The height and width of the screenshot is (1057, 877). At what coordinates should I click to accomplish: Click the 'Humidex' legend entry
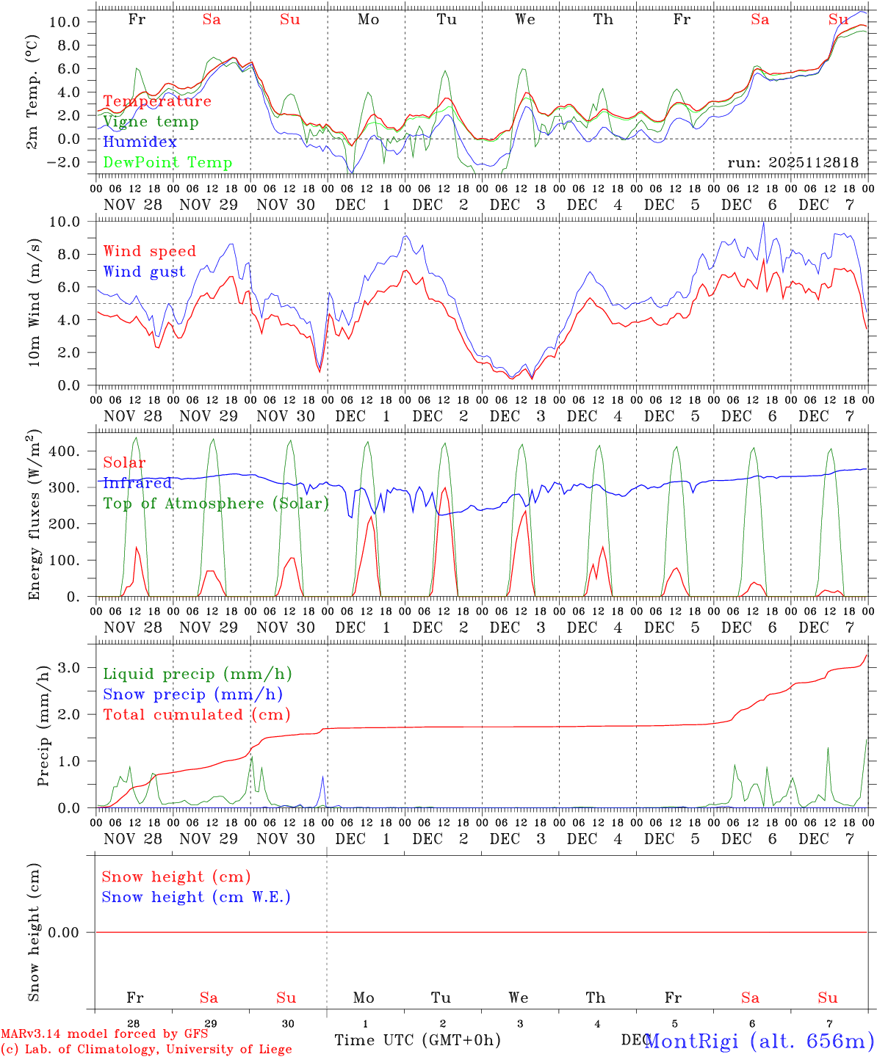(140, 142)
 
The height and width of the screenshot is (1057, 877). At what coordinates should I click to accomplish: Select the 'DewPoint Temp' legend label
(167, 162)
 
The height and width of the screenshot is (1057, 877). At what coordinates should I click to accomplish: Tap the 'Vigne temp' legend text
(151, 121)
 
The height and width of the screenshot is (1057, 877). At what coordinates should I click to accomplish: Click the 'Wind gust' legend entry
(144, 272)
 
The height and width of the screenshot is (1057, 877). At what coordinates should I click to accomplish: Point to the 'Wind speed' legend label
(150, 251)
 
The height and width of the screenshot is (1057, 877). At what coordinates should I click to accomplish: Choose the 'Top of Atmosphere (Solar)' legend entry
(216, 504)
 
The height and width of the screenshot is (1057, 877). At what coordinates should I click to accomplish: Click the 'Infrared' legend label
(137, 483)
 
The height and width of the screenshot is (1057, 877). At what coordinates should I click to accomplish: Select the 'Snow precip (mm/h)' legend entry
(193, 694)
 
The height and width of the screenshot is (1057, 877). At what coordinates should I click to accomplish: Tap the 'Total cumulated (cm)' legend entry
(197, 714)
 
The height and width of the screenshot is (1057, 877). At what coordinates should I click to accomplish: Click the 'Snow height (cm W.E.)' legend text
(196, 897)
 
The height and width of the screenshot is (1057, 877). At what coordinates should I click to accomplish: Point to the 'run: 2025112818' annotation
(793, 162)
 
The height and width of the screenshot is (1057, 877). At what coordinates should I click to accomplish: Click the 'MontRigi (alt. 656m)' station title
(759, 1040)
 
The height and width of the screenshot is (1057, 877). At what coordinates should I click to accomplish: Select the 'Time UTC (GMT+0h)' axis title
(417, 1040)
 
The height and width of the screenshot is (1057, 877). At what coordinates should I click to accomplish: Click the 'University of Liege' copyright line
(146, 1049)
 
